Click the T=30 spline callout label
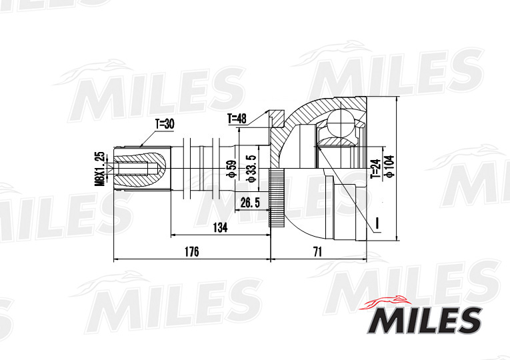(164, 123)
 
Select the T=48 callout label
(237, 119)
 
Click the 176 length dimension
(192, 251)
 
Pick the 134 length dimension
(219, 228)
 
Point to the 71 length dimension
(317, 251)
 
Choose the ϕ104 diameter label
(389, 167)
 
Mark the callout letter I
(377, 222)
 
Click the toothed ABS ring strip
(275, 198)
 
